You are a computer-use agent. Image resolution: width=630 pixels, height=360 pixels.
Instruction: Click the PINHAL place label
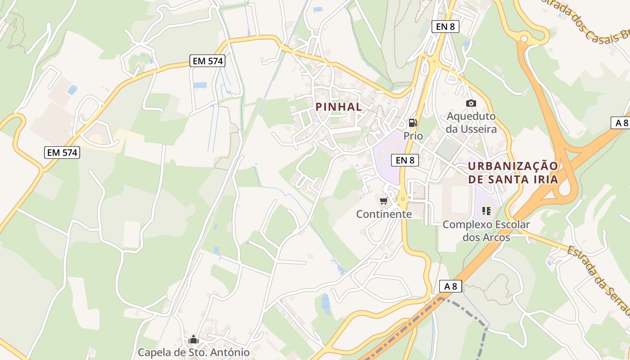(339, 107)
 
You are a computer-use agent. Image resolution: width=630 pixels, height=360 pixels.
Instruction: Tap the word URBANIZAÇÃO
(513, 166)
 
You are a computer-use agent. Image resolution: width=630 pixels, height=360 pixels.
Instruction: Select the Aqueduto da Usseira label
(472, 122)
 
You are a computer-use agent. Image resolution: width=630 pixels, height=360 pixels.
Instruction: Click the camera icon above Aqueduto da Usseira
(471, 103)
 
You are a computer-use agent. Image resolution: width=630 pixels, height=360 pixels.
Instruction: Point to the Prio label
(413, 135)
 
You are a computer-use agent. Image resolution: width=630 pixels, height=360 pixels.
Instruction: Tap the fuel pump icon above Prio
(413, 122)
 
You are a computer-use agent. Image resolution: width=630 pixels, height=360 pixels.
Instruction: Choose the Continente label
(384, 214)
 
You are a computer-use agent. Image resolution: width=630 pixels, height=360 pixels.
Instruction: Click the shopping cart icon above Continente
(383, 201)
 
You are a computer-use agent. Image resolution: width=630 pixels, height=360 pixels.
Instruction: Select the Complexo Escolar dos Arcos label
(486, 230)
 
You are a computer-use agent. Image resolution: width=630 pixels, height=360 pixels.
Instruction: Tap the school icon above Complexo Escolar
(486, 211)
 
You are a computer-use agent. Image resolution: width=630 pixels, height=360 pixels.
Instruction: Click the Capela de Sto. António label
(193, 352)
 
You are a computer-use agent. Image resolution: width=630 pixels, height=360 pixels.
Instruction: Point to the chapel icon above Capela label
(193, 339)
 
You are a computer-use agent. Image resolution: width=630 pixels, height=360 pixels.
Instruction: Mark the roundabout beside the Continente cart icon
(402, 199)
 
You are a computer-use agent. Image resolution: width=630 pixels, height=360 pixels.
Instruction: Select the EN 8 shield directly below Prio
(405, 160)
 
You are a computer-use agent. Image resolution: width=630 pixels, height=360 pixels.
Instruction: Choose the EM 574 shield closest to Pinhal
(207, 61)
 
